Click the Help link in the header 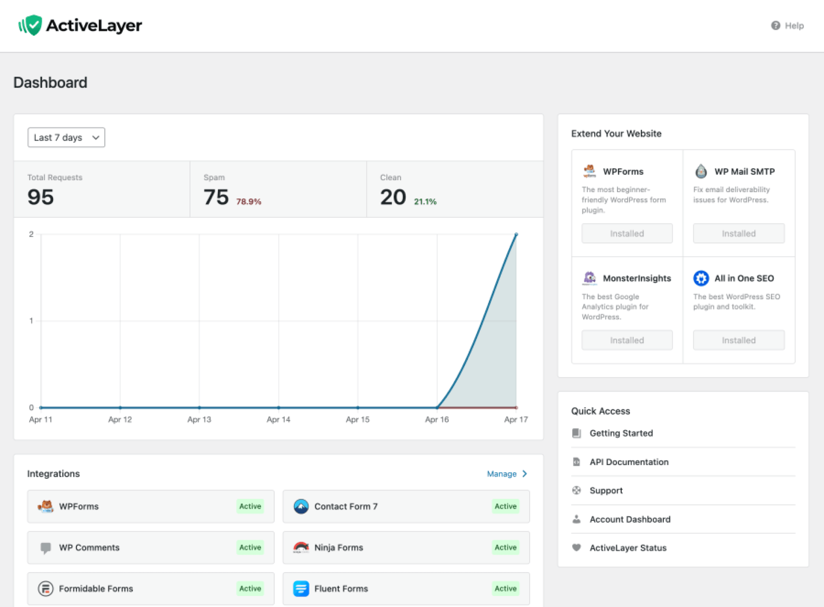787,26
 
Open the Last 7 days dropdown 66,137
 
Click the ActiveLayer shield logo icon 31,25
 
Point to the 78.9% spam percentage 249,202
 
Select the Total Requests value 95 40,197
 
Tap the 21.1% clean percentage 425,202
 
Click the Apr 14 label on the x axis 278,419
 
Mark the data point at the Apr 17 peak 516,235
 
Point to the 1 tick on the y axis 31,321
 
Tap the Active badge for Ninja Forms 505,547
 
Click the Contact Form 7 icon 301,506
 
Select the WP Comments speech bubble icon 46,548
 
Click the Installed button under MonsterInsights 627,340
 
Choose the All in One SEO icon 701,278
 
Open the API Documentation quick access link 629,462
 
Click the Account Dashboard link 630,519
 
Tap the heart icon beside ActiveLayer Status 577,548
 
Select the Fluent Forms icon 301,588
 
